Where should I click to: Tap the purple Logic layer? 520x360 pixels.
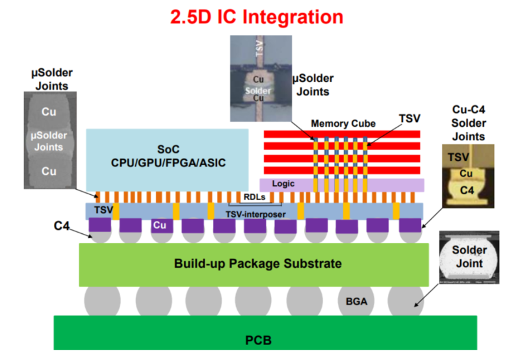[341, 185]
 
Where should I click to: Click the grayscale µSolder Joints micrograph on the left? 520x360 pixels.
[49, 139]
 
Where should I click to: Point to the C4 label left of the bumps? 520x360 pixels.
[62, 225]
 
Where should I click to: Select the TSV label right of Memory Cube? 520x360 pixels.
[409, 118]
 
